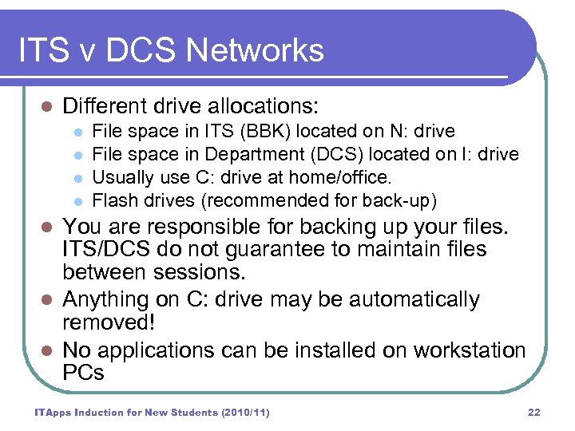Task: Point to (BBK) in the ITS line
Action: [253, 131]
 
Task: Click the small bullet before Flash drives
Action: [77, 200]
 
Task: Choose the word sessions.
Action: [202, 272]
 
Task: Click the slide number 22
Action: [534, 412]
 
